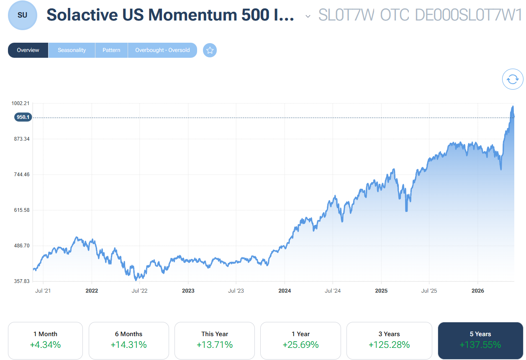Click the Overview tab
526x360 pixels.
coord(28,50)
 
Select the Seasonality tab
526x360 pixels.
coord(72,50)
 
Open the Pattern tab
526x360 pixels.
coord(111,50)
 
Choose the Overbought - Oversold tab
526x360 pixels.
coord(162,50)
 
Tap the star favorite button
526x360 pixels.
coord(210,50)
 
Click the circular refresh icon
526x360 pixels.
coord(512,79)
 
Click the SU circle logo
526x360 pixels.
coord(23,15)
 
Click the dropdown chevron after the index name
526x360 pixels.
coord(308,16)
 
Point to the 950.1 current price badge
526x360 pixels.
coord(23,117)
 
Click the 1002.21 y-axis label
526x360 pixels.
coord(21,103)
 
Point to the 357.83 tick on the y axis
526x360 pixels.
coord(22,281)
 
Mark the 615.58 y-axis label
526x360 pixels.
coord(22,210)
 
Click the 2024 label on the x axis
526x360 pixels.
coord(285,291)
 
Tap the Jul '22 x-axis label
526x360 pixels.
coord(139,291)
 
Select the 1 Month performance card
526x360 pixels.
coord(45,340)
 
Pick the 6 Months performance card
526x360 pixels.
coord(129,340)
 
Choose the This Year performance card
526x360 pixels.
coord(215,340)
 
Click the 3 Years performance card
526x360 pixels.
coord(389,340)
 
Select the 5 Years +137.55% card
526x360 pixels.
coord(480,340)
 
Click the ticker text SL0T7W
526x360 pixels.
coord(346,15)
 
